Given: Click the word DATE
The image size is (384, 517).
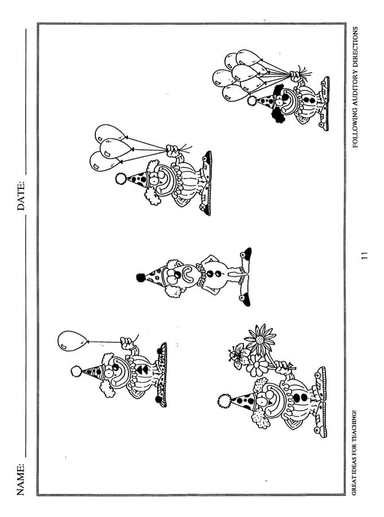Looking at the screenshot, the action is click(21, 195).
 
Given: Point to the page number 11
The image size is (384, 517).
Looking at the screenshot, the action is click(364, 255).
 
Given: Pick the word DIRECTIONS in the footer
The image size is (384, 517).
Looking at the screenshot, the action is click(355, 48).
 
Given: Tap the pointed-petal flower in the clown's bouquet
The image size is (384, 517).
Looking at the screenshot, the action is click(260, 339).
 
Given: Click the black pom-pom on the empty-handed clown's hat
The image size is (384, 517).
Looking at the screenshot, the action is click(141, 278).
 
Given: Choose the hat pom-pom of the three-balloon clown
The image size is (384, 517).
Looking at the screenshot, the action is click(121, 179).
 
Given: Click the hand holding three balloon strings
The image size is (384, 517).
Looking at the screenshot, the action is click(173, 151).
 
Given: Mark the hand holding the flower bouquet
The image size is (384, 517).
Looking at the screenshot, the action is click(282, 366).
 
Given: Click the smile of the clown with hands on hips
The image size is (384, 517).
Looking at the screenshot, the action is click(188, 275).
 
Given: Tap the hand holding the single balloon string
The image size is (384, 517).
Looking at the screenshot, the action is click(126, 344).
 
